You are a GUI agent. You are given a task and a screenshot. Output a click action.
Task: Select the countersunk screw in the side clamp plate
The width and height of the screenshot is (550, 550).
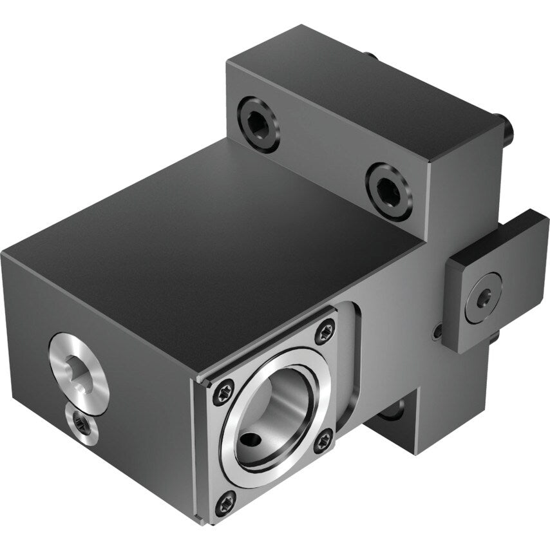(483, 298)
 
